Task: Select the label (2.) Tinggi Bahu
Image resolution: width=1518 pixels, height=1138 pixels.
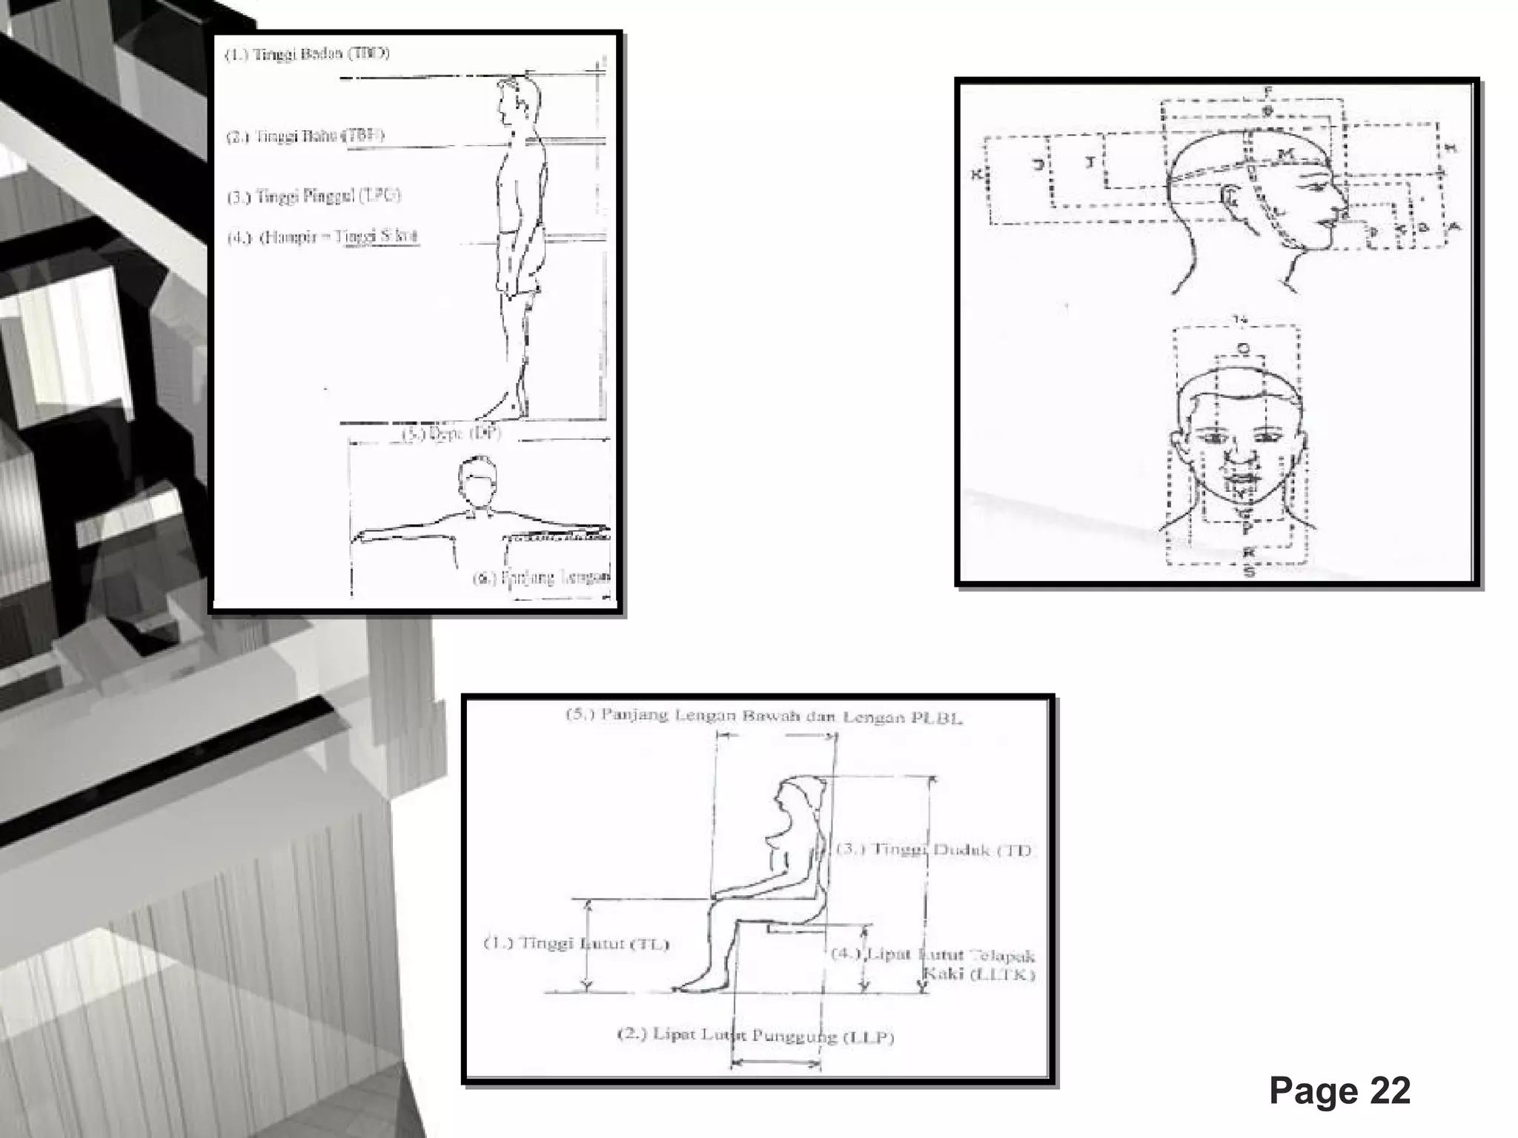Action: click(x=305, y=136)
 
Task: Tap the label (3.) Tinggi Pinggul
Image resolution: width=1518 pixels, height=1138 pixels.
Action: click(x=314, y=197)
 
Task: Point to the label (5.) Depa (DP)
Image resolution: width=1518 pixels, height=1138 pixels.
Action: click(x=451, y=433)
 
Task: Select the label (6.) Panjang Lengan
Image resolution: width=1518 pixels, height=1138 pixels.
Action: click(x=541, y=578)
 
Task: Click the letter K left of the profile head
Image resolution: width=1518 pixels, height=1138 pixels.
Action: click(x=977, y=175)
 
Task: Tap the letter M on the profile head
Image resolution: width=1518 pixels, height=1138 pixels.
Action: click(x=1285, y=154)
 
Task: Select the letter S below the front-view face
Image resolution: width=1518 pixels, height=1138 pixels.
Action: click(x=1249, y=572)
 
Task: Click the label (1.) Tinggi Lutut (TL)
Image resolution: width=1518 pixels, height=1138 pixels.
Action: click(x=576, y=944)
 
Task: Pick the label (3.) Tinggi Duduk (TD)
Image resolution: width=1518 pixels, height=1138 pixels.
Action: click(x=934, y=850)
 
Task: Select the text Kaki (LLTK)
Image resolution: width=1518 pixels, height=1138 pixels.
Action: click(x=990, y=974)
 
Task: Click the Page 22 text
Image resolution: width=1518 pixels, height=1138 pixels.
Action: click(x=1339, y=1091)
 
